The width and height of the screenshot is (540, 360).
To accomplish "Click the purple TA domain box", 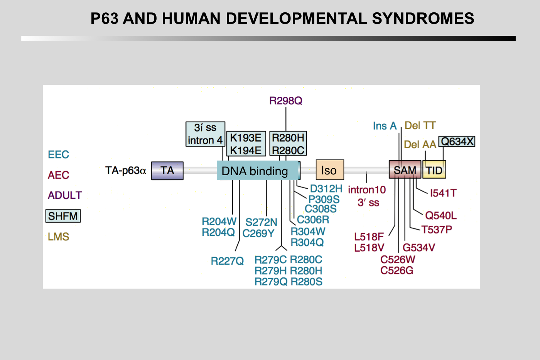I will coord(167,171).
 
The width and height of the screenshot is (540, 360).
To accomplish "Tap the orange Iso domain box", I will coord(329,170).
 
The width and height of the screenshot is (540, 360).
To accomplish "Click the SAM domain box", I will coord(405,170).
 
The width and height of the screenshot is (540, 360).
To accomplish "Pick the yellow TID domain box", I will coord(434,170).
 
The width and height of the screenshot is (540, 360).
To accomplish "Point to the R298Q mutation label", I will coord(285,101).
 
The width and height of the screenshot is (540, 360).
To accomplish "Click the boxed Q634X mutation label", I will coord(457,142).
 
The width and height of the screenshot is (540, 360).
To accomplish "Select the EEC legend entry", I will coord(58,155).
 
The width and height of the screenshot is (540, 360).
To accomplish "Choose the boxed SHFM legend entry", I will coord(63,216).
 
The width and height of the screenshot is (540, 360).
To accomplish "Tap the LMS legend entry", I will coord(58,237).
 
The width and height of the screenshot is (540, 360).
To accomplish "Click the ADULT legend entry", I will coord(65,195).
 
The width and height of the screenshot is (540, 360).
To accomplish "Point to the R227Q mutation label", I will coord(227,261).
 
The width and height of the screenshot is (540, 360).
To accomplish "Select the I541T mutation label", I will coord(443,193).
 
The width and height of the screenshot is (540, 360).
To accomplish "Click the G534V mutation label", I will coord(418,247).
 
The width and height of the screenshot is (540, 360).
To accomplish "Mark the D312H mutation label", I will coord(326,189).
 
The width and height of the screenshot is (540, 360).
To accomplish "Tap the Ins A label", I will coord(385,126).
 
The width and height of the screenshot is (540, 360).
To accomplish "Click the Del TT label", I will coord(420,125).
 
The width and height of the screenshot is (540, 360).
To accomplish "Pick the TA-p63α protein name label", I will coord(126,170).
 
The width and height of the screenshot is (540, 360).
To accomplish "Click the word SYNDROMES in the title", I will coord(423,19).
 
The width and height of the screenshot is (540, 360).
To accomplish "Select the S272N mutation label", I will coord(261,222).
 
